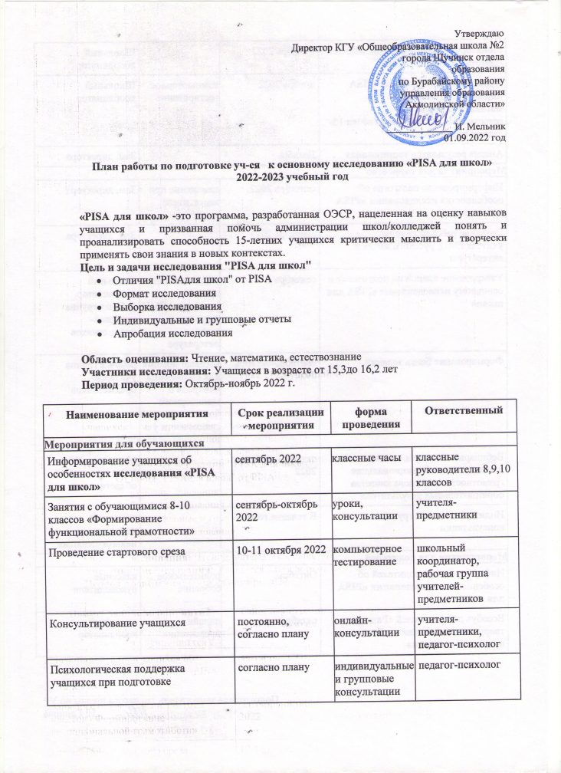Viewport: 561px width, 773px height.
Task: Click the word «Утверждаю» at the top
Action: [481, 35]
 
